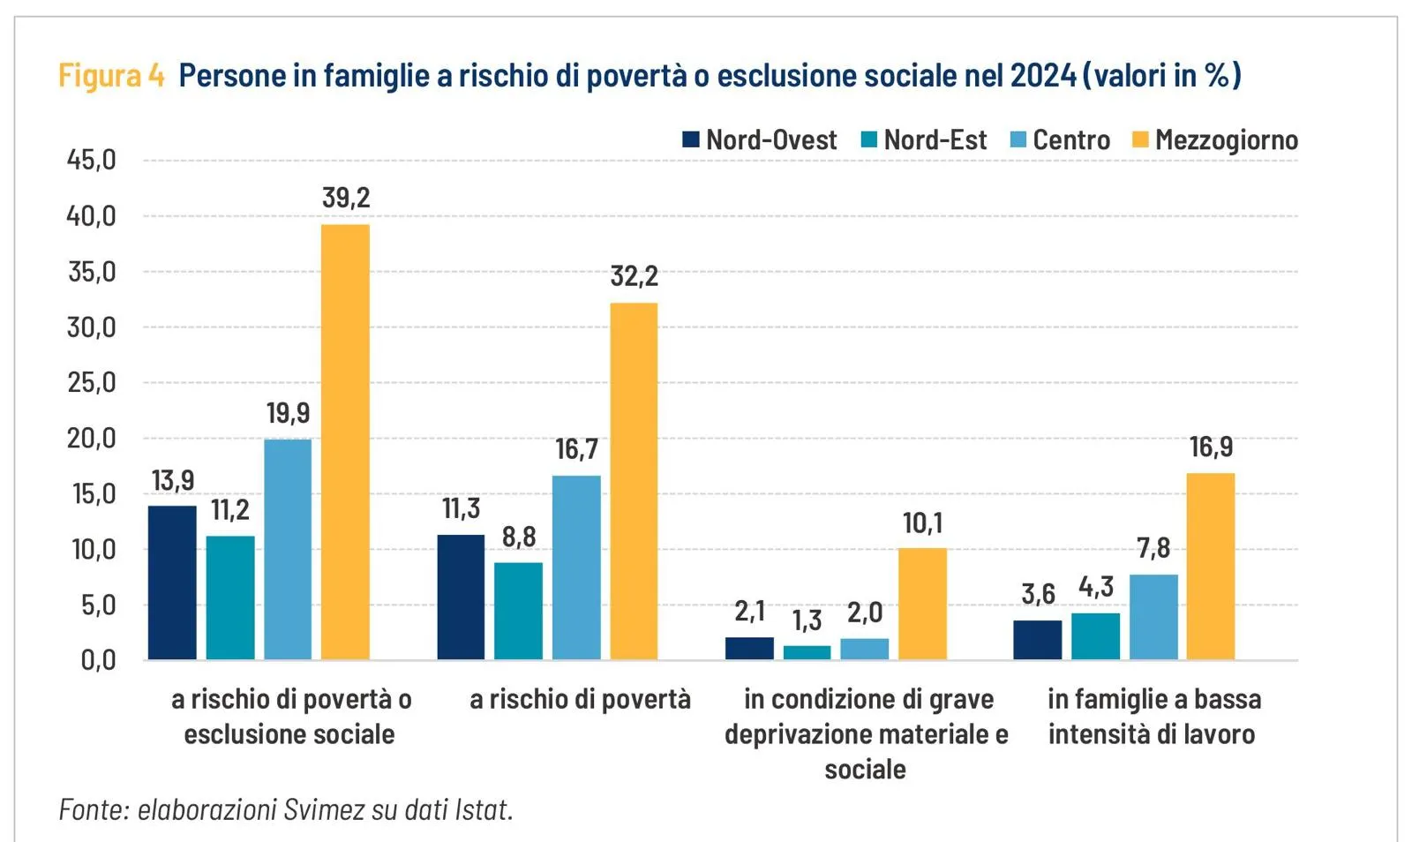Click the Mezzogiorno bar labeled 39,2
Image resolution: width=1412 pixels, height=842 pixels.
[x=345, y=441]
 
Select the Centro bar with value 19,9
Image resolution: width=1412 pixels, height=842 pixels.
[x=288, y=549]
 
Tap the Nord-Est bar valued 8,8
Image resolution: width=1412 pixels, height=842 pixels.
[x=518, y=611]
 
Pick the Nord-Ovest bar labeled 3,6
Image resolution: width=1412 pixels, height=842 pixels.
[x=1037, y=640]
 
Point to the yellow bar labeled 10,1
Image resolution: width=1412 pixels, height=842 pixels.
[x=922, y=604]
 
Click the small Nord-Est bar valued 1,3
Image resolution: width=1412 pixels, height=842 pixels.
[x=807, y=652]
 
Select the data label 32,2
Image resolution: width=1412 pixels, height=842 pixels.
[x=634, y=276]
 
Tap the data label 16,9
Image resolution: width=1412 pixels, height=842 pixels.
[x=1211, y=447]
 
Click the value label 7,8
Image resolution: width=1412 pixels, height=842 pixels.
[x=1153, y=548]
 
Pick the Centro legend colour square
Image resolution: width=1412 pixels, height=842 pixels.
[x=1018, y=139]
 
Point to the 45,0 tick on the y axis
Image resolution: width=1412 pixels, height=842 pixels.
[x=92, y=160]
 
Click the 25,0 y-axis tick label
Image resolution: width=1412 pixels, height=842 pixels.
[x=92, y=382]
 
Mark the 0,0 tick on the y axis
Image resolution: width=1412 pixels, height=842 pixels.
[x=98, y=659]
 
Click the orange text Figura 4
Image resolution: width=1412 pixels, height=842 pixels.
[x=111, y=76]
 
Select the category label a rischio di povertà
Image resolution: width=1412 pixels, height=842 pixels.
[x=580, y=699]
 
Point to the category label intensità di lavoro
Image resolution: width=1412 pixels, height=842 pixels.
[x=1151, y=734]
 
